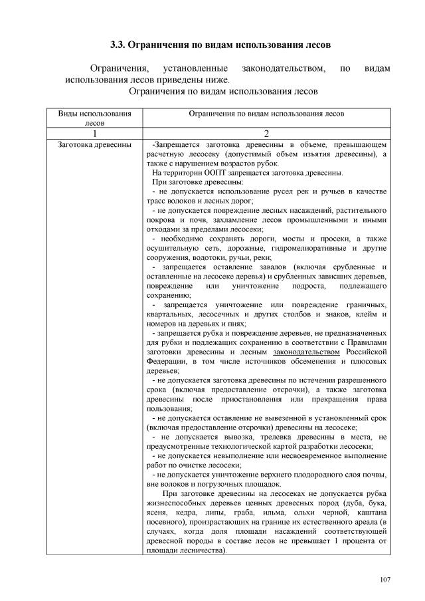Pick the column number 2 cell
[266, 132]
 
